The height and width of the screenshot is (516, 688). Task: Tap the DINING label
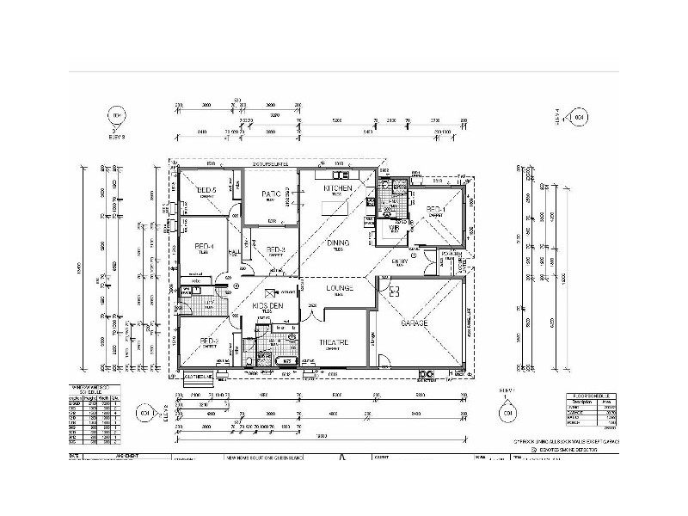coord(338,243)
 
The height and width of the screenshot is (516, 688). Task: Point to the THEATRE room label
coord(333,341)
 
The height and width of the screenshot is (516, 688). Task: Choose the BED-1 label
coord(435,209)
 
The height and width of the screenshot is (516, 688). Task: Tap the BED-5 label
coord(207,190)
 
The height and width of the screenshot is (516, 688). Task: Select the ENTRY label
coord(400,261)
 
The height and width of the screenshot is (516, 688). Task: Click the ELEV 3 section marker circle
coord(116,116)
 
